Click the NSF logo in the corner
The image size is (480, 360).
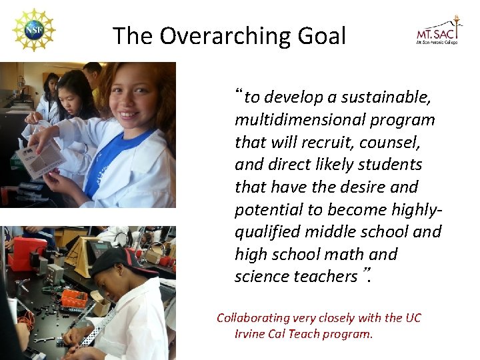click(33, 31)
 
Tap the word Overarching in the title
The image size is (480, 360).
click(219, 35)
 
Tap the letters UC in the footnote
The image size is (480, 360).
click(413, 318)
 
